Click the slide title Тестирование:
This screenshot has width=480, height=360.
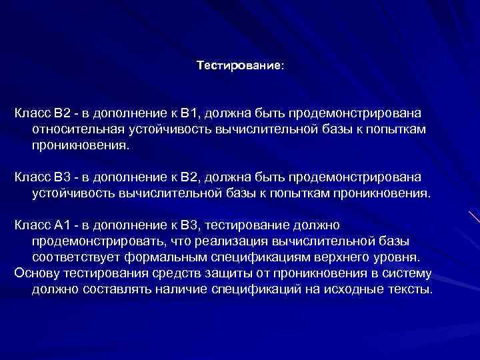pos(240,66)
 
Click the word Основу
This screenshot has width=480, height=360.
pos(37,273)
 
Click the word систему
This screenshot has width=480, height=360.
pos(407,273)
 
